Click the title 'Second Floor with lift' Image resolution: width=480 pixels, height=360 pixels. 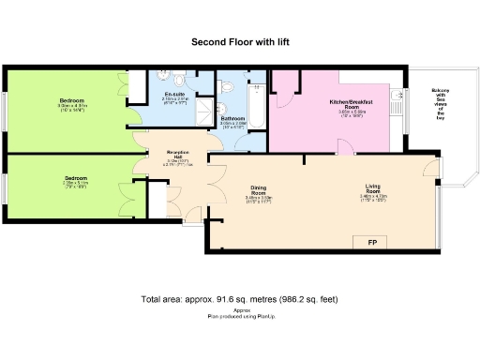pyautogui.click(x=240, y=41)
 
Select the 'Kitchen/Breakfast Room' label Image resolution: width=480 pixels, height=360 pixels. pyautogui.click(x=352, y=103)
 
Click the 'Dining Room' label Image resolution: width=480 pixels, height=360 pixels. pyautogui.click(x=258, y=188)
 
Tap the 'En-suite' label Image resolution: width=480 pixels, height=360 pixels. pyautogui.click(x=174, y=95)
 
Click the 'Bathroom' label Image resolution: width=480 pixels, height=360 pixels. pyautogui.click(x=232, y=119)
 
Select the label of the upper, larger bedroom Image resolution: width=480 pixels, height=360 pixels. pyautogui.click(x=71, y=100)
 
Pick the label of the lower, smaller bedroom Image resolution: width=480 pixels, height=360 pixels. pyautogui.click(x=77, y=177)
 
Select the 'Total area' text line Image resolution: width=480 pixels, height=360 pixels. pyautogui.click(x=239, y=299)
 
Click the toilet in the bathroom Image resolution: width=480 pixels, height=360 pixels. pyautogui.click(x=232, y=85)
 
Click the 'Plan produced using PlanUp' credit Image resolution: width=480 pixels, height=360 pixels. pyautogui.click(x=240, y=317)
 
